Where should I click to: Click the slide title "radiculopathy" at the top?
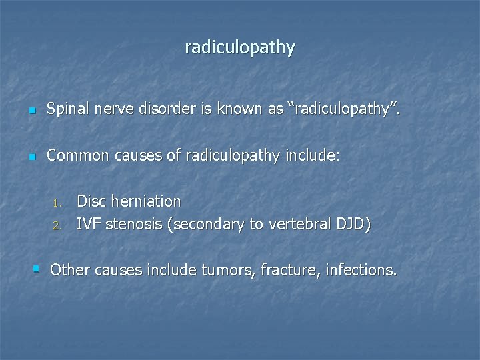[x=240, y=48]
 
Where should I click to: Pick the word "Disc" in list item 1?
[x=91, y=201]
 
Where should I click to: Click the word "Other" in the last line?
[x=69, y=270]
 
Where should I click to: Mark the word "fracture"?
[x=279, y=270]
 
